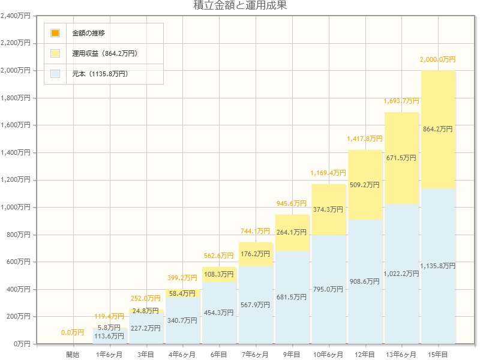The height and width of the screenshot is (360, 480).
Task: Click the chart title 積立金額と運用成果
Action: [x=240, y=6]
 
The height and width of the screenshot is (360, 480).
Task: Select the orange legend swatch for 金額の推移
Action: [x=55, y=33]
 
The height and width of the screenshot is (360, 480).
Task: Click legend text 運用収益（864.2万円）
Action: [x=105, y=53]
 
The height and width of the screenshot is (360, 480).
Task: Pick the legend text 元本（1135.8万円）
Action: [x=100, y=74]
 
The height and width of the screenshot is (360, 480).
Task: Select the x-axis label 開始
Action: [x=73, y=355]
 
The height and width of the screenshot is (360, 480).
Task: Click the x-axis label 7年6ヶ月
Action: [x=255, y=355]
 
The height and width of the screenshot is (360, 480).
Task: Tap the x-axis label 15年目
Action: [x=438, y=355]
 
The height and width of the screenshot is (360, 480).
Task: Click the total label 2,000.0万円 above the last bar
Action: [x=438, y=60]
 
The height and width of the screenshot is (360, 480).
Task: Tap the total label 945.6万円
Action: [x=292, y=203]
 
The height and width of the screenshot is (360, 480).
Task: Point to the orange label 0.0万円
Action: [x=73, y=332]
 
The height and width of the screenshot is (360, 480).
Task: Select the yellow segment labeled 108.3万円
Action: [x=218, y=274]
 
